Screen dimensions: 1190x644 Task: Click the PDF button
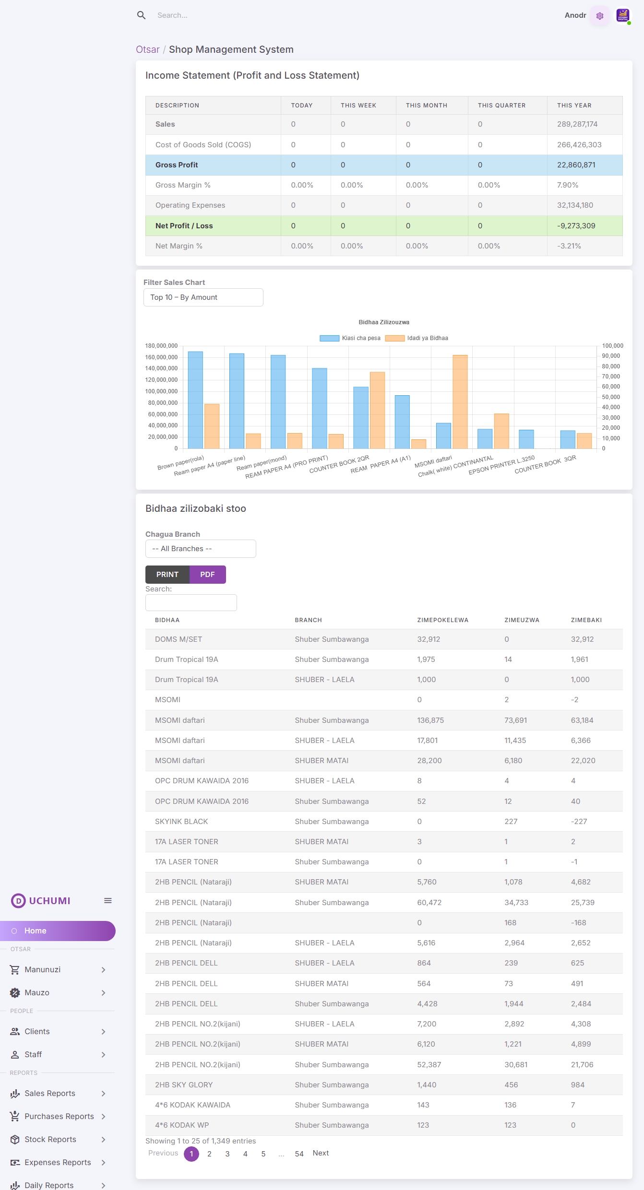click(207, 574)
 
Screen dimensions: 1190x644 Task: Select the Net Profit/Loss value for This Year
click(576, 226)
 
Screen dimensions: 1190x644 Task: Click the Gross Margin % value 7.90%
click(567, 185)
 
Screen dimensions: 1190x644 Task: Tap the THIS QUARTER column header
click(501, 106)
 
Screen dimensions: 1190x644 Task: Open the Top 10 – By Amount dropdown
click(203, 297)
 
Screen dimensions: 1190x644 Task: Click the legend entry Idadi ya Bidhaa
click(417, 338)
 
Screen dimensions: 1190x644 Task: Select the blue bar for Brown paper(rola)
click(195, 400)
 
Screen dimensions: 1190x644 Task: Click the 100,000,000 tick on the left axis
click(161, 391)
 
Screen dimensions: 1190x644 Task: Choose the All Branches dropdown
click(201, 549)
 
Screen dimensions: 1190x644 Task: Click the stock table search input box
click(191, 602)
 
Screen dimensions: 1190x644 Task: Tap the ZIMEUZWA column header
click(522, 620)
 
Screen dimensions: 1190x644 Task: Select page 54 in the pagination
click(299, 1154)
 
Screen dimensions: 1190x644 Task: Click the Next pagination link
click(321, 1153)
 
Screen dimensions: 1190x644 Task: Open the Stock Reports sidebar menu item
click(50, 1139)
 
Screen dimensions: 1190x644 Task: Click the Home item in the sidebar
click(36, 931)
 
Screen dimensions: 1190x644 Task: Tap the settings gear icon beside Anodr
click(599, 16)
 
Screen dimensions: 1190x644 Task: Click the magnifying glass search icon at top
click(141, 15)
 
